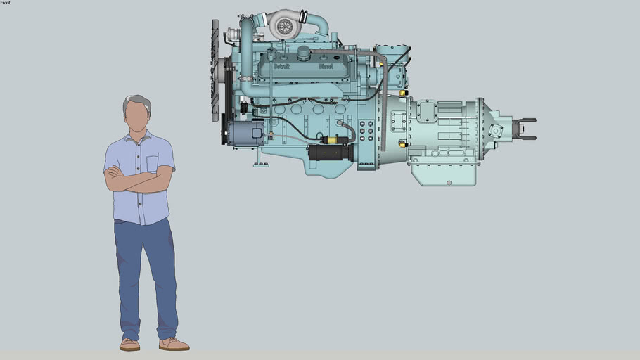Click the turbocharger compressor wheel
pyautogui.click(x=284, y=27)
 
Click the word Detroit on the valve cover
pyautogui.click(x=281, y=66)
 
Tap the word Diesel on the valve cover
pyautogui.click(x=326, y=66)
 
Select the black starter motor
pyautogui.click(x=329, y=152)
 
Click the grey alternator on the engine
pyautogui.click(x=246, y=132)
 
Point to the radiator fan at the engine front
pyautogui.click(x=215, y=70)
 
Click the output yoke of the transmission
pyautogui.click(x=525, y=129)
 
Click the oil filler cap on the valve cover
pyautogui.click(x=304, y=53)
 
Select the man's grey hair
pyautogui.click(x=137, y=102)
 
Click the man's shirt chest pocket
pyautogui.click(x=153, y=163)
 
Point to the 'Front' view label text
pyautogui.click(x=6, y=3)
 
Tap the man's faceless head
pyautogui.click(x=137, y=115)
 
